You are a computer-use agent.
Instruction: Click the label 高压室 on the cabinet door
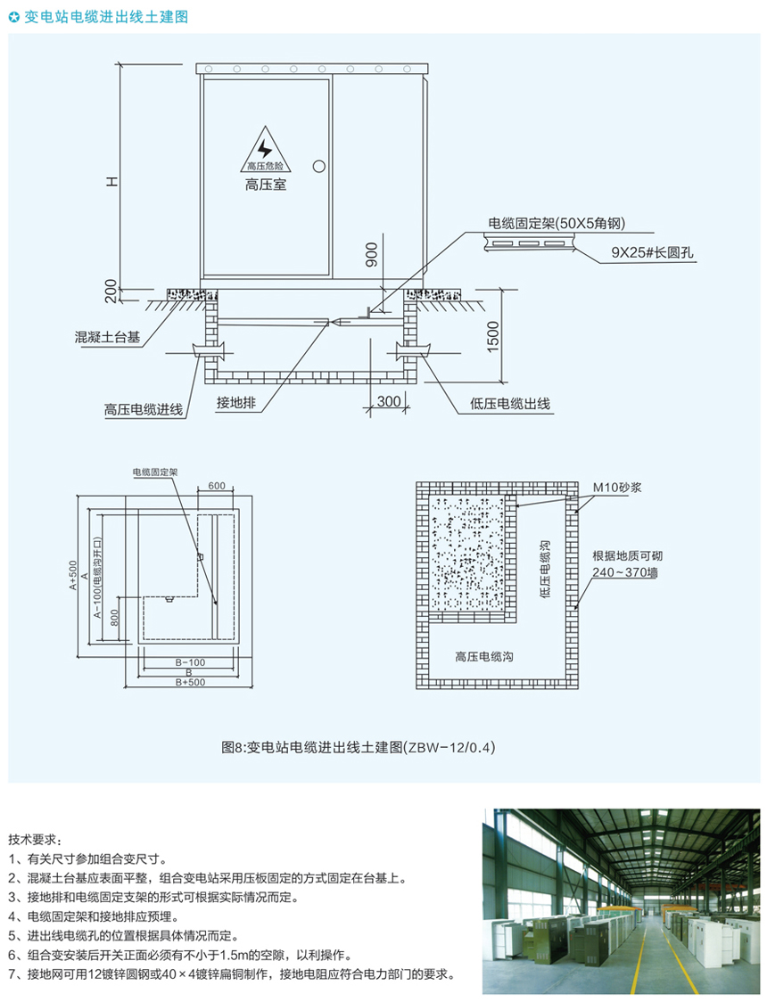tap(265, 186)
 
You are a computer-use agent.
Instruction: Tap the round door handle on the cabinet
tap(318, 166)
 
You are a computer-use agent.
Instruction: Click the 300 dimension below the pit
tap(389, 401)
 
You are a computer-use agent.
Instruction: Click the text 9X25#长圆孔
tap(652, 252)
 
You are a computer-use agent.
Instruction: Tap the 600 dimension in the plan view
tap(216, 486)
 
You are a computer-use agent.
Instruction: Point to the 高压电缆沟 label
tap(483, 656)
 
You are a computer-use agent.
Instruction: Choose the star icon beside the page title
tap(13, 16)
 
